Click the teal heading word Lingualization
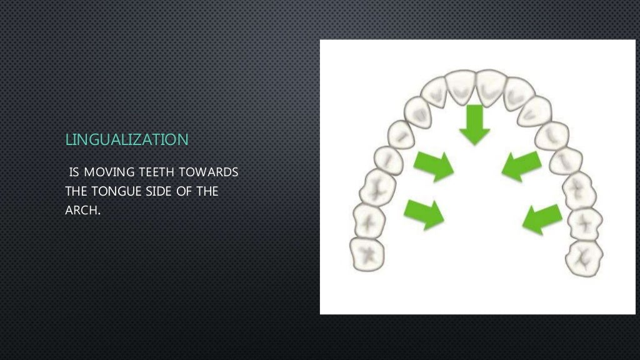coord(127,139)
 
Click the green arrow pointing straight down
coord(475,124)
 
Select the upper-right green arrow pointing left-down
coord(521,165)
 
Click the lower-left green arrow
coord(424,213)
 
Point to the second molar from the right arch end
coord(586,222)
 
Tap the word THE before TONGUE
coord(77,191)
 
